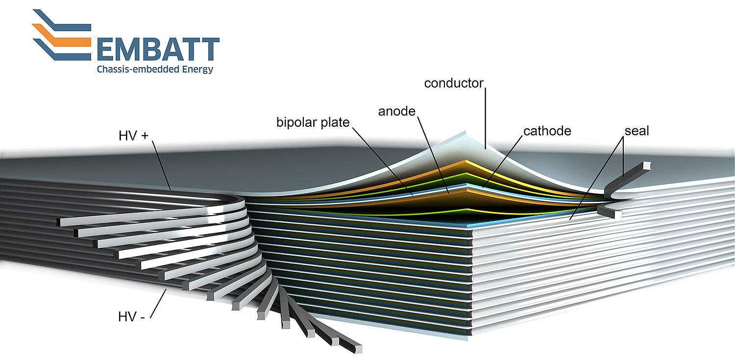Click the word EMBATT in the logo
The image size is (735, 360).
pos(158,49)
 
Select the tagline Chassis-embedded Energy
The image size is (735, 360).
pos(155,70)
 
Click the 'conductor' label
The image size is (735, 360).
pos(454,83)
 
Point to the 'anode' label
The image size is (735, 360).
pos(397,112)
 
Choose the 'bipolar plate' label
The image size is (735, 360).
pos(313,122)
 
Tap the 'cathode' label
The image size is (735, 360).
pos(547,131)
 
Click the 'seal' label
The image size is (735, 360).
pos(637,131)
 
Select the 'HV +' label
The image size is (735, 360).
pos(134,136)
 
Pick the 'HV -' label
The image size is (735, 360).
pos(132,317)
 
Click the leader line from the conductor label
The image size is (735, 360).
pos(485,119)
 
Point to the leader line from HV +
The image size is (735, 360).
pos(161,166)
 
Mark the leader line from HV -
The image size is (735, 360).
pos(158,303)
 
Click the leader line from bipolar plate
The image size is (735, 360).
pos(383,161)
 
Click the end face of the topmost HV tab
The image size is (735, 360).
pos(58,222)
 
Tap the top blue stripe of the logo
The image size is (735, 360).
pos(62,20)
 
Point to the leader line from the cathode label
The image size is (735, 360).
pos(502,162)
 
